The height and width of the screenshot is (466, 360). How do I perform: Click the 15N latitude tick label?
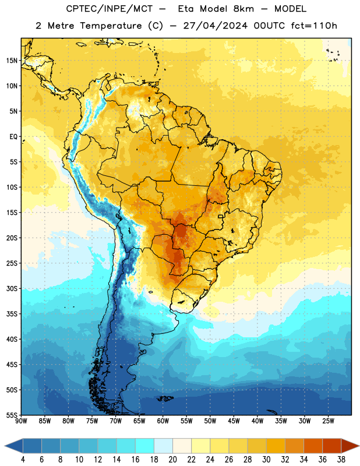point(12,61)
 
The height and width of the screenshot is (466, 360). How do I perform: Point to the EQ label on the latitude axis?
point(13,137)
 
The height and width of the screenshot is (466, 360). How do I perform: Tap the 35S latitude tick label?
point(12,314)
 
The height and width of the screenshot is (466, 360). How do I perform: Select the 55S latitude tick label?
point(12,415)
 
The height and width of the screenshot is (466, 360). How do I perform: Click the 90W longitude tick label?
point(21,421)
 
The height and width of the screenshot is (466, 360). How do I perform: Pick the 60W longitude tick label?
point(163,421)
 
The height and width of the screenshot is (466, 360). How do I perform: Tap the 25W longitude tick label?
point(328,421)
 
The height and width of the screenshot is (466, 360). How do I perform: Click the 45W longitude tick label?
point(234,421)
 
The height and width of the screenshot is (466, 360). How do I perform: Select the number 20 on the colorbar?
point(172,460)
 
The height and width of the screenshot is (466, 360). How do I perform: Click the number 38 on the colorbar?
point(341,460)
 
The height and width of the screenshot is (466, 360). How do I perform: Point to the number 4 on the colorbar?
point(23,460)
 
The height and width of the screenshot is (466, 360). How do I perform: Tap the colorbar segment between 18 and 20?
point(164,446)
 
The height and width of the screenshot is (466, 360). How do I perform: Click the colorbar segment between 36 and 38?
point(332,446)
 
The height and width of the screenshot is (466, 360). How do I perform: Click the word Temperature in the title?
point(111,26)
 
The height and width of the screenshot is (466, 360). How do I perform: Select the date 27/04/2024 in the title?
point(215,26)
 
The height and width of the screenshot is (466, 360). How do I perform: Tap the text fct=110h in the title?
point(314,26)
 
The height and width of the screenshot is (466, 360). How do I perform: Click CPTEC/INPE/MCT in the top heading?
point(110,9)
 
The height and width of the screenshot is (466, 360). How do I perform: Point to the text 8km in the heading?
point(243,9)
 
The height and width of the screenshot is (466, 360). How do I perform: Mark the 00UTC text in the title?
point(269,26)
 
